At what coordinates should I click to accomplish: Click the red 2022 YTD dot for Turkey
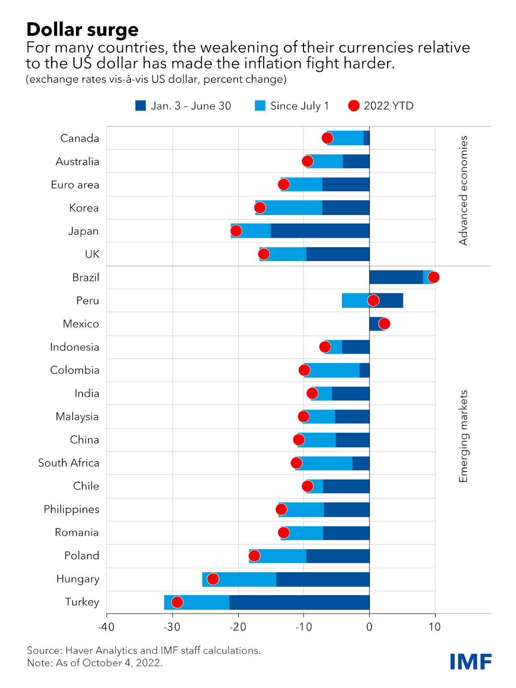pos(177,602)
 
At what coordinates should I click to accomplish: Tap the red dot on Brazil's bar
pos(433,277)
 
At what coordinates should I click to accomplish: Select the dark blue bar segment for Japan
pos(320,231)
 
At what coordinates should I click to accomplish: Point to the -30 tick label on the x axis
pos(172,627)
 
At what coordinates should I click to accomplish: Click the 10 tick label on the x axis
pos(435,627)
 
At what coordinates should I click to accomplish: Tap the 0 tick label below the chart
pos(369,627)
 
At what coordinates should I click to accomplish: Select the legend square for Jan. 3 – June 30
pos(141,106)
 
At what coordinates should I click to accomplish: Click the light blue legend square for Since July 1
pos(260,106)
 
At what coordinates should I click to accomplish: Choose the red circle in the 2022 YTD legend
pos(354,106)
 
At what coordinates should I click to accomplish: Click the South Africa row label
pos(69,463)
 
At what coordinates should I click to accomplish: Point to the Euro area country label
pos(75,185)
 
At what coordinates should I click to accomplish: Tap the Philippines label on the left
pos(71,510)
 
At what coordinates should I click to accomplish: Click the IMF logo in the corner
pos(471,662)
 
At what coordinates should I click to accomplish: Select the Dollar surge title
pos(83,30)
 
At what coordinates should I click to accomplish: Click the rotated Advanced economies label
pos(463,190)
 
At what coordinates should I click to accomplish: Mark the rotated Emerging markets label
pos(463,436)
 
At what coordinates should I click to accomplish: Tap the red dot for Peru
pos(373,301)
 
